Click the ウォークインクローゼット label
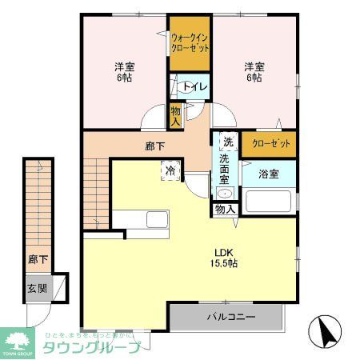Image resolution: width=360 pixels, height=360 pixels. click(x=190, y=42)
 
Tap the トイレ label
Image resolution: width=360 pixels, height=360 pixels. click(x=194, y=86)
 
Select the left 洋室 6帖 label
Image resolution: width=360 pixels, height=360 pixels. click(x=124, y=73)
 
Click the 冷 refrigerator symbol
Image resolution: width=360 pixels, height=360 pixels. click(x=170, y=170)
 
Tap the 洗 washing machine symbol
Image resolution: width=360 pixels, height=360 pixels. click(x=227, y=142)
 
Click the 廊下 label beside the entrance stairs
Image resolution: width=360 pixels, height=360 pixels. click(x=36, y=260)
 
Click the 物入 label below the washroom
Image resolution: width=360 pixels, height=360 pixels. click(x=225, y=210)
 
